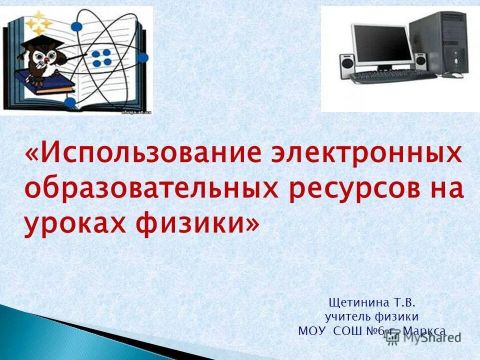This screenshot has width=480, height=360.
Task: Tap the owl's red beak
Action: click(45, 60)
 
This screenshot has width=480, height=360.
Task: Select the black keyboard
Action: click(392, 76)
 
